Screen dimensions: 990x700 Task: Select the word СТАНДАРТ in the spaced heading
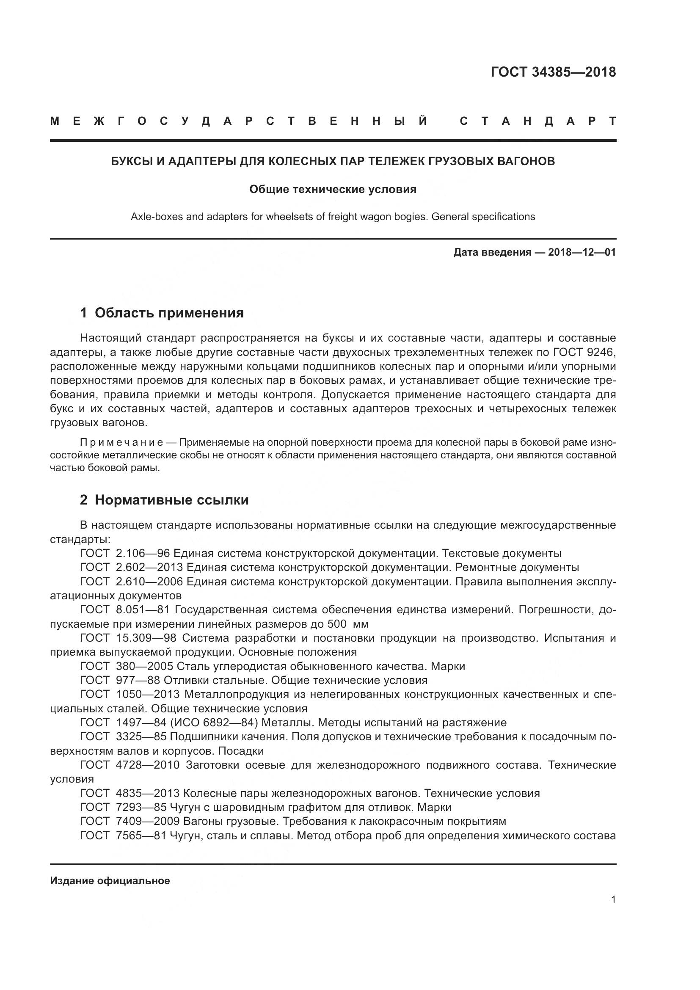[x=538, y=121]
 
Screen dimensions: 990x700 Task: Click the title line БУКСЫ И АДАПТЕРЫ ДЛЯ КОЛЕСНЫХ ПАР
[x=333, y=161]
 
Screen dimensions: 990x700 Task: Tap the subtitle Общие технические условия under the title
[x=333, y=189]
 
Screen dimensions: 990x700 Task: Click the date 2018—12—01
[x=582, y=252]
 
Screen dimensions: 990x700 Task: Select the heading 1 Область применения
[x=162, y=313]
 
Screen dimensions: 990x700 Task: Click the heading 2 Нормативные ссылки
[x=164, y=500]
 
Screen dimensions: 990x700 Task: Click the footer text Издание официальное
[x=110, y=881]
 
